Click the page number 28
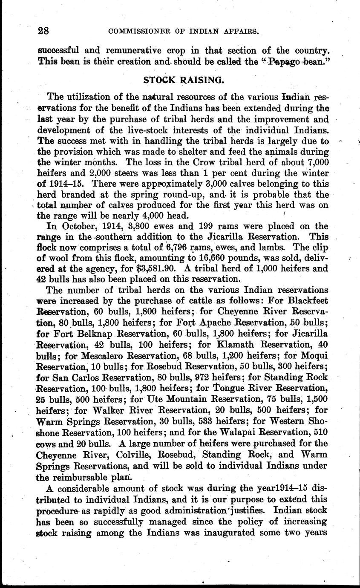(x=43, y=30)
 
